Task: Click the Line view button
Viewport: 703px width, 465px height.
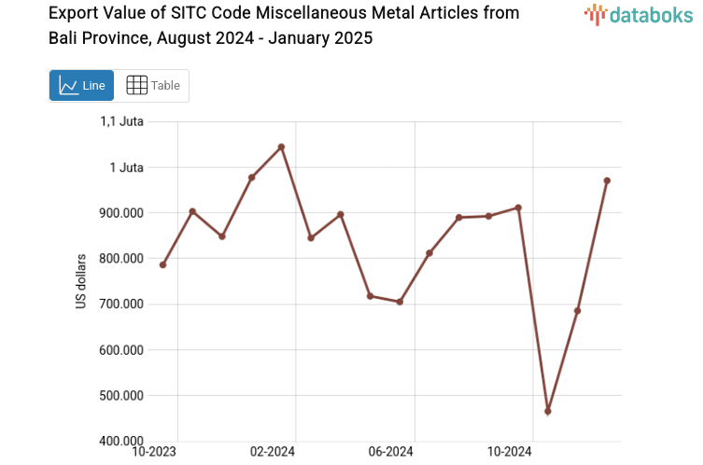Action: point(81,86)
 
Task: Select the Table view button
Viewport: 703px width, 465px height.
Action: point(152,86)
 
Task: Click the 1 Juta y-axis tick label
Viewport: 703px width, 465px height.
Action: point(126,167)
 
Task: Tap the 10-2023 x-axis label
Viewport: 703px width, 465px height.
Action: point(155,452)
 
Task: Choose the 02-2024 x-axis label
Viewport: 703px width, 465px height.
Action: point(273,452)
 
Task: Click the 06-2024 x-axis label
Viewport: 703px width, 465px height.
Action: point(390,452)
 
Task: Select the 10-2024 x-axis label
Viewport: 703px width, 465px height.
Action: point(510,452)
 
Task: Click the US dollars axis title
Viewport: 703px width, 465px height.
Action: point(81,281)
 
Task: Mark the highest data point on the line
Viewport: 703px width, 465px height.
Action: point(281,147)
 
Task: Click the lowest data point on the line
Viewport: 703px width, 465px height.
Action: point(548,411)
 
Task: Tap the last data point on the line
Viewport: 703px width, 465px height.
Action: point(607,180)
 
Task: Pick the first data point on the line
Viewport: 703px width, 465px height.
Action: point(162,265)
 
